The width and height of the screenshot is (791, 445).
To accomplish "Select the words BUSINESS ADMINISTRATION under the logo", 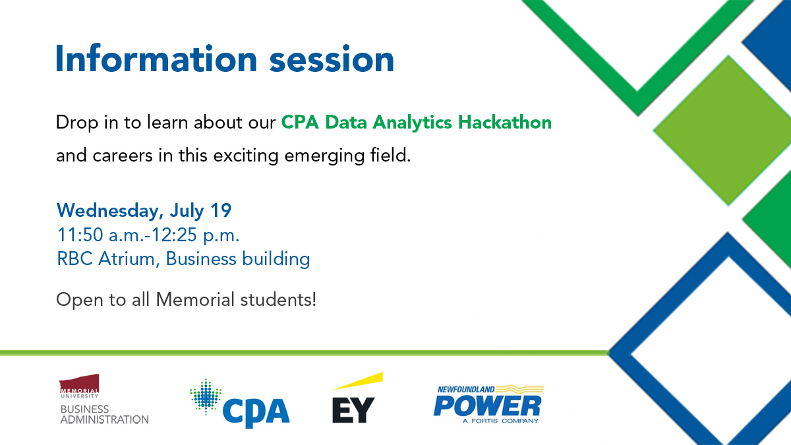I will (104, 414).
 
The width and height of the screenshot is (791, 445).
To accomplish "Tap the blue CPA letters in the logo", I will (256, 411).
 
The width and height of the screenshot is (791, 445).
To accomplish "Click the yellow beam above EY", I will (358, 381).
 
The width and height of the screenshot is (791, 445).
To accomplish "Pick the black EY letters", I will (353, 409).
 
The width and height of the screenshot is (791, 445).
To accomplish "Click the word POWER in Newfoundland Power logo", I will (487, 405).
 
